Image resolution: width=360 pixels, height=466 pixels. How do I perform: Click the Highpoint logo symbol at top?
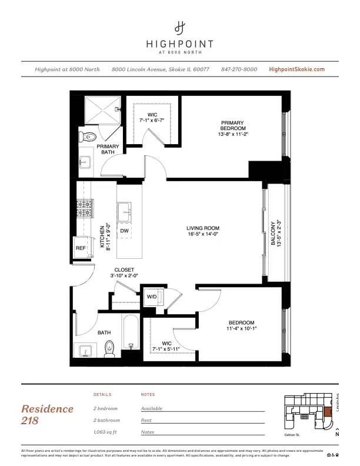pos(180,27)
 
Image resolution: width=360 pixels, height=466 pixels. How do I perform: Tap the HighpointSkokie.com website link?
pos(296,69)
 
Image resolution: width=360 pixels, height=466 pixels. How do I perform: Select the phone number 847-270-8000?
pos(239,69)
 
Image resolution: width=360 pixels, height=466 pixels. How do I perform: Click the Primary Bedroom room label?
pos(232,128)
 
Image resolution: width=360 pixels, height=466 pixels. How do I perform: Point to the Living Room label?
pos(202,231)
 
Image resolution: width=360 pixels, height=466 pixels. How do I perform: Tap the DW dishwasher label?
pos(125,231)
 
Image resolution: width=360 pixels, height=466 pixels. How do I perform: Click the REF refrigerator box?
pos(81,248)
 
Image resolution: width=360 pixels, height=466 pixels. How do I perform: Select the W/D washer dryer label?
pos(151,297)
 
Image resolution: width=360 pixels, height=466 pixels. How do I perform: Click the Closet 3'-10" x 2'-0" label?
pos(124,273)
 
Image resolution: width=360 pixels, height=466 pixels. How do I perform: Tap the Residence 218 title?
pos(48,414)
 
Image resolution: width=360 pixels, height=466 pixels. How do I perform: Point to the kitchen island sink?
pos(126,210)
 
